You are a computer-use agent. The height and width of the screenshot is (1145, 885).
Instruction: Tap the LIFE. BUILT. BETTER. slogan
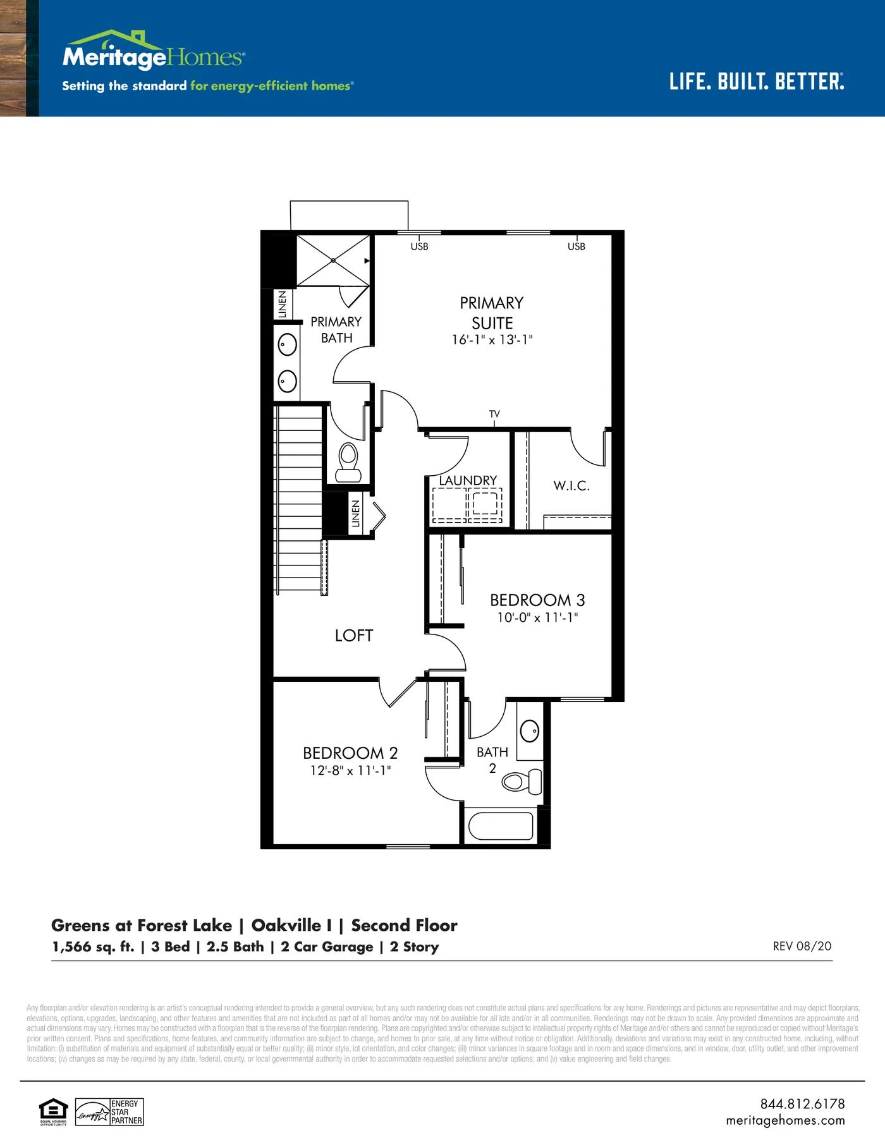pyautogui.click(x=757, y=82)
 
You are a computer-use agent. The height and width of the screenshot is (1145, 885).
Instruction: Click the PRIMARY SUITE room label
pyautogui.click(x=492, y=313)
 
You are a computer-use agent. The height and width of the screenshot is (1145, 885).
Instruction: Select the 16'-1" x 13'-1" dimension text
pyautogui.click(x=492, y=340)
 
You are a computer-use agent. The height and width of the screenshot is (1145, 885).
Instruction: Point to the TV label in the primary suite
pyautogui.click(x=494, y=414)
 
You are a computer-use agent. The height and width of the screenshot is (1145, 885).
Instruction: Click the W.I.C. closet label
pyautogui.click(x=571, y=485)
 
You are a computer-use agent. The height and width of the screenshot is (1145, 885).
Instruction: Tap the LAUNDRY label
pyautogui.click(x=468, y=480)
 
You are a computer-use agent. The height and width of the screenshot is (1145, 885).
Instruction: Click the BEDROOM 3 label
pyautogui.click(x=537, y=600)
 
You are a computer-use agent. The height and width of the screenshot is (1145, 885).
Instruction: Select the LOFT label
pyautogui.click(x=354, y=635)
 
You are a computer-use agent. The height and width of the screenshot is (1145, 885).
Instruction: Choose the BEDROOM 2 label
pyautogui.click(x=350, y=753)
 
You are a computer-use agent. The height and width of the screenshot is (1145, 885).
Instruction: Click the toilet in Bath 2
pyautogui.click(x=522, y=782)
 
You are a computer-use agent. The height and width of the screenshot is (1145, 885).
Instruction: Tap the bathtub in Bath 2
pyautogui.click(x=501, y=825)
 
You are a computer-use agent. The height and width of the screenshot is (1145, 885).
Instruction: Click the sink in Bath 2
pyautogui.click(x=530, y=731)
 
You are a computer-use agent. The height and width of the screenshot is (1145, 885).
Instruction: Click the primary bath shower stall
pyautogui.click(x=333, y=260)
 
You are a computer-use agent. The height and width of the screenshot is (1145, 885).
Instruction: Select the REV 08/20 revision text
pyautogui.click(x=802, y=946)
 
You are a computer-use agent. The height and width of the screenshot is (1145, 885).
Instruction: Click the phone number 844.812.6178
pyautogui.click(x=802, y=1104)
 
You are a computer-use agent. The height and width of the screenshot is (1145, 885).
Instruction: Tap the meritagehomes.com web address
pyautogui.click(x=785, y=1120)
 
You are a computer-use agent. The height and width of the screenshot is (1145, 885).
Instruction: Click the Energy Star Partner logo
pyautogui.click(x=109, y=1112)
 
